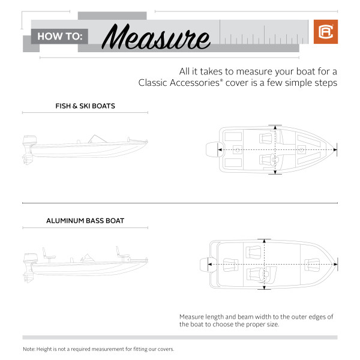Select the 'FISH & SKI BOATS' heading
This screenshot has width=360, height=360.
tap(85, 106)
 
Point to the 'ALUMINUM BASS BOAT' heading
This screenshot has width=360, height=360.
tap(85, 221)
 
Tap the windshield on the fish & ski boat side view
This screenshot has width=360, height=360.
tap(95, 139)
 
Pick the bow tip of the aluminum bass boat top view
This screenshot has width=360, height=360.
tap(335, 263)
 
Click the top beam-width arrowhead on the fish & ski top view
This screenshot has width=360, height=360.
tap(275, 127)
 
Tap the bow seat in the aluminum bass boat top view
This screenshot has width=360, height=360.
tap(312, 263)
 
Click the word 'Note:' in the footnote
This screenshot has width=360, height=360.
tap(29, 349)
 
